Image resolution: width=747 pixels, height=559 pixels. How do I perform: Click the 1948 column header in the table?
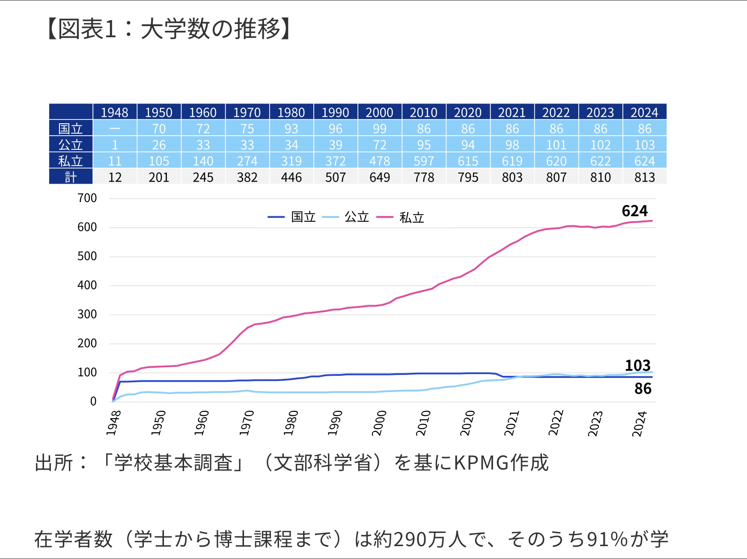(114, 112)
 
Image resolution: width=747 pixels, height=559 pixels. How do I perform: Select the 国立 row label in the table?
(71, 128)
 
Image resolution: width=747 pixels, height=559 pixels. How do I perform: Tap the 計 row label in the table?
(71, 177)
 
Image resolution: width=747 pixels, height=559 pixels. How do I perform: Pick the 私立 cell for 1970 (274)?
(247, 161)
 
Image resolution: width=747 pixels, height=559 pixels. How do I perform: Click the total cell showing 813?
(644, 177)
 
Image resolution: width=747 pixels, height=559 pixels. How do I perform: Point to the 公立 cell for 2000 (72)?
(379, 145)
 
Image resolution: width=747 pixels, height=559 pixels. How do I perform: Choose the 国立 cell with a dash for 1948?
(114, 128)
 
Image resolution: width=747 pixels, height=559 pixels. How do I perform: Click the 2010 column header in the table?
(423, 112)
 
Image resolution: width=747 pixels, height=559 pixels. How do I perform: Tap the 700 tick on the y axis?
(87, 198)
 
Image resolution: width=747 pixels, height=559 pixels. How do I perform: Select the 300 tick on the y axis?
(87, 314)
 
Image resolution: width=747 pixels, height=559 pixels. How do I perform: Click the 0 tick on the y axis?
(93, 401)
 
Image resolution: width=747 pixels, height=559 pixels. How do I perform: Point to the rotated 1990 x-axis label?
(335, 423)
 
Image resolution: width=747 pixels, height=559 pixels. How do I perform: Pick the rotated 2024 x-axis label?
(640, 424)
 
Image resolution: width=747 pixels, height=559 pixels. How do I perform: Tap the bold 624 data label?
(634, 211)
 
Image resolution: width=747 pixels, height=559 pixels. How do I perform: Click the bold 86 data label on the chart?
(643, 389)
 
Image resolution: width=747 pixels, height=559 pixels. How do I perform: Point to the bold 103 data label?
(637, 366)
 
